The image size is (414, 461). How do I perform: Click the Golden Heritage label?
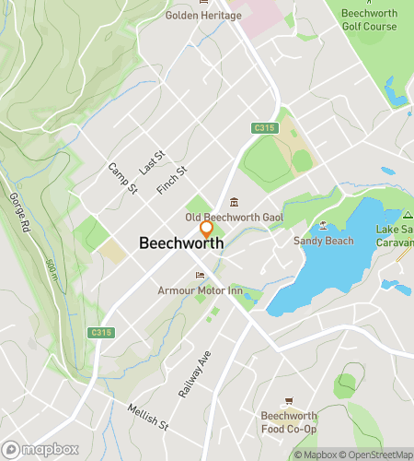click(199, 15)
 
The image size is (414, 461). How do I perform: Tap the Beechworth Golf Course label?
click(369, 19)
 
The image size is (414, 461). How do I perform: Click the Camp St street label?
click(122, 178)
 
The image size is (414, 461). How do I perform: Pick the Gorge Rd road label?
click(20, 213)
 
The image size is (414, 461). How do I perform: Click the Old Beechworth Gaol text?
click(234, 218)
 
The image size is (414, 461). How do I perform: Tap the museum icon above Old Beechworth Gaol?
click(234, 203)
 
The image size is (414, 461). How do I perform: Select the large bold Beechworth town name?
click(181, 243)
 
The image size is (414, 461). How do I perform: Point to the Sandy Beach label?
click(323, 241)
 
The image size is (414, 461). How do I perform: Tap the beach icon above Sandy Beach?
click(323, 226)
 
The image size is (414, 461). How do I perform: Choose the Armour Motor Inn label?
click(200, 290)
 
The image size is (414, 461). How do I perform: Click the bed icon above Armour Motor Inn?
click(200, 276)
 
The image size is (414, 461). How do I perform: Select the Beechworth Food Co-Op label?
click(288, 422)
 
